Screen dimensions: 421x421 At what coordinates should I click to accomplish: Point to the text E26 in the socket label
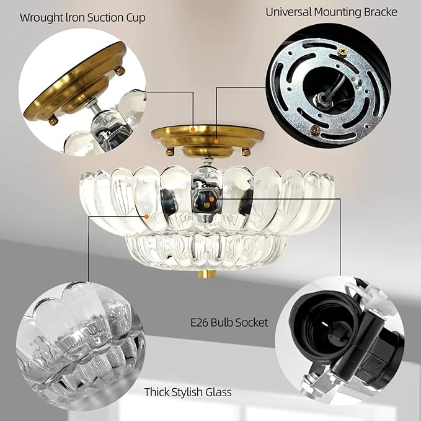(x=200, y=322)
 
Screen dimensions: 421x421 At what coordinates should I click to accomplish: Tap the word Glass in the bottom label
(x=219, y=392)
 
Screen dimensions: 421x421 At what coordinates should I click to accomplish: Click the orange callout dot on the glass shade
(x=146, y=216)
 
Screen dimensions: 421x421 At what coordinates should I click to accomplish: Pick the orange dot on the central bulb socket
(x=211, y=200)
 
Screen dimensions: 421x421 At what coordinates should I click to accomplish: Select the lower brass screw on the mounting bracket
(x=315, y=129)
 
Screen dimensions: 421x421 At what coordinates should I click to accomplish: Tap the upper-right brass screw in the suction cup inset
(x=119, y=71)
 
